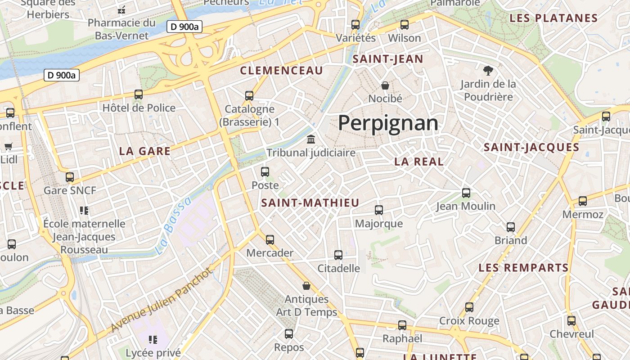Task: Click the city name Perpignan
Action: pyautogui.click(x=388, y=123)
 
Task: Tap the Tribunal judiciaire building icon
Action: pyautogui.click(x=311, y=139)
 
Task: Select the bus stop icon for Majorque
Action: pyautogui.click(x=379, y=210)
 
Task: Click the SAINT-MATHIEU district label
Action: pyautogui.click(x=310, y=203)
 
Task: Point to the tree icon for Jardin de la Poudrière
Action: pyautogui.click(x=488, y=70)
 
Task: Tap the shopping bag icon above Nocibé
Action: pyautogui.click(x=385, y=85)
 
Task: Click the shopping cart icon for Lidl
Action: pyautogui.click(x=9, y=146)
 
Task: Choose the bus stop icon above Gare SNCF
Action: pyautogui.click(x=70, y=177)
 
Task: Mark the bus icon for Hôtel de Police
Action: pyautogui.click(x=139, y=94)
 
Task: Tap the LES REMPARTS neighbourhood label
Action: pyautogui.click(x=524, y=268)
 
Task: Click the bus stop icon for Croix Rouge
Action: pyautogui.click(x=469, y=307)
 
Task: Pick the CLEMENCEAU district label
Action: pyautogui.click(x=282, y=71)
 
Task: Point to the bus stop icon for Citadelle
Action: pyautogui.click(x=338, y=255)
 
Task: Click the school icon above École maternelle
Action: pyautogui.click(x=84, y=210)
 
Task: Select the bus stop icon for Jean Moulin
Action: pyautogui.click(x=466, y=193)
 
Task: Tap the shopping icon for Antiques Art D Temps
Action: pyautogui.click(x=306, y=286)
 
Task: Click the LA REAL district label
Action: pyautogui.click(x=419, y=162)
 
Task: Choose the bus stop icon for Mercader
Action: pyautogui.click(x=270, y=240)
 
